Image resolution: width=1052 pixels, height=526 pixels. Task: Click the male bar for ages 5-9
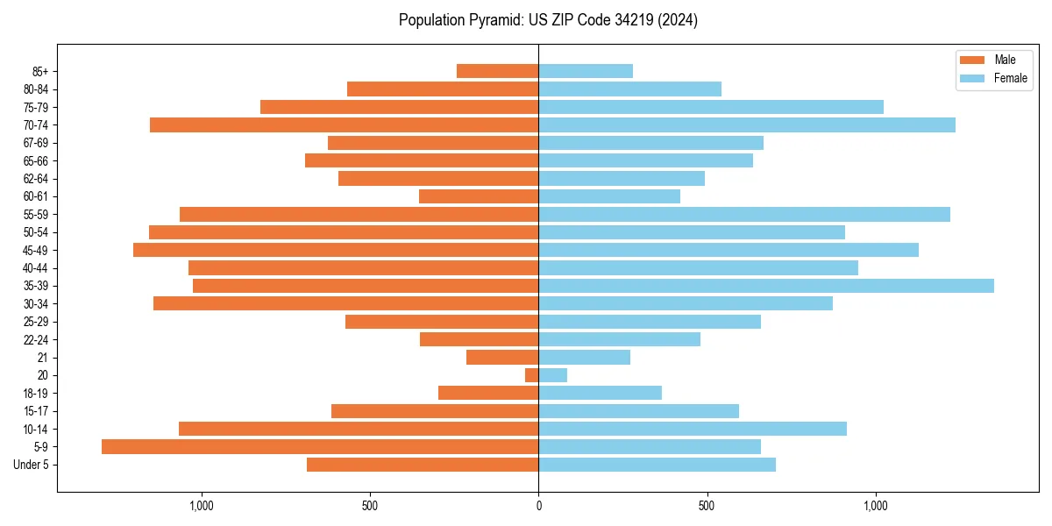click(320, 446)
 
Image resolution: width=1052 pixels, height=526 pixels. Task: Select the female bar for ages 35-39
click(766, 286)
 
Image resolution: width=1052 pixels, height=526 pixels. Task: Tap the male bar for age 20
click(532, 375)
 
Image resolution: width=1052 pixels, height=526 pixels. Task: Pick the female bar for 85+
click(586, 71)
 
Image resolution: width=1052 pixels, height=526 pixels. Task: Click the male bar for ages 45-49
click(336, 250)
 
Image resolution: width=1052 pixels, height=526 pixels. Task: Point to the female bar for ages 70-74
click(747, 124)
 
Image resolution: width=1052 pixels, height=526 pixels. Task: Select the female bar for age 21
click(585, 357)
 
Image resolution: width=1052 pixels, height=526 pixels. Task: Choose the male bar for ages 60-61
click(479, 196)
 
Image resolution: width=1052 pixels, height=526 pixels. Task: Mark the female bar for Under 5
click(657, 465)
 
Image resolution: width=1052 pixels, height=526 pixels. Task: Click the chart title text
click(548, 20)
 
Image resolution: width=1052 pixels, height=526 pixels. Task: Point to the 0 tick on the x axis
click(538, 506)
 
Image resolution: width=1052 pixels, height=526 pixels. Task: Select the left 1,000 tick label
click(202, 506)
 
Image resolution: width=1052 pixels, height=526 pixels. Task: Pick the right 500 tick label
click(707, 506)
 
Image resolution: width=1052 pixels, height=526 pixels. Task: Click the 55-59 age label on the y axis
click(36, 215)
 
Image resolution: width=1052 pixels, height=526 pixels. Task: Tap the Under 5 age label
click(31, 465)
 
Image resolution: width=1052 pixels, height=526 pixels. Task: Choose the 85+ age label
click(39, 71)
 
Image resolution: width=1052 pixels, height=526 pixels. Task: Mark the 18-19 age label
click(36, 393)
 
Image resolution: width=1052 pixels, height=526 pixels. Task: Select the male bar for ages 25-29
click(442, 322)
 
